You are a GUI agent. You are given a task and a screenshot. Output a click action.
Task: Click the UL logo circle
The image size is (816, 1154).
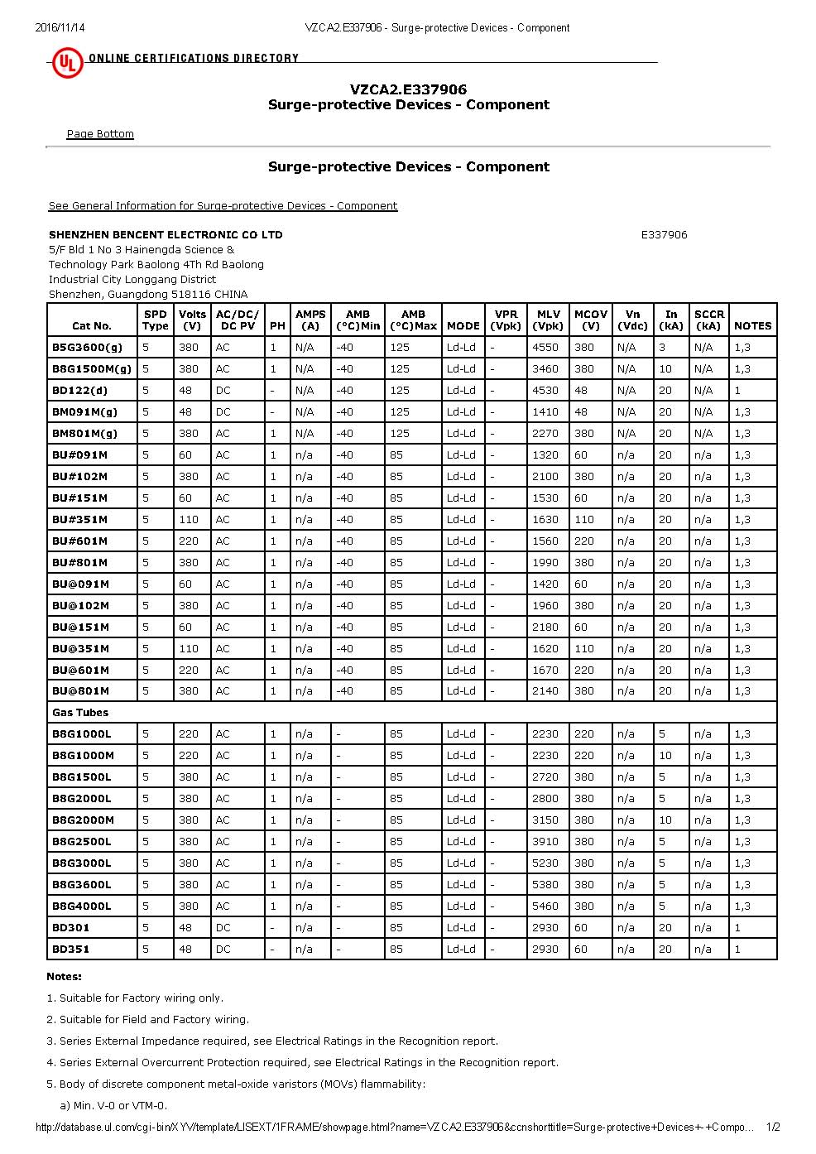point(67,62)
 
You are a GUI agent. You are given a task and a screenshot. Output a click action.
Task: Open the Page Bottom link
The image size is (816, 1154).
point(100,134)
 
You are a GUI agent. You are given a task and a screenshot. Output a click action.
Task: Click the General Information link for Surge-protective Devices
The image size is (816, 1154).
point(223,206)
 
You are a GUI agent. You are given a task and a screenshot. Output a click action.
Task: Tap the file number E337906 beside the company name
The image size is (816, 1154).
point(664,235)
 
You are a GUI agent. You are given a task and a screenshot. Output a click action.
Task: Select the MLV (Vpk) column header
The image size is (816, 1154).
point(548,320)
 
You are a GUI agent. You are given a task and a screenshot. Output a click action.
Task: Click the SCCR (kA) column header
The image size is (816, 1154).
point(709,320)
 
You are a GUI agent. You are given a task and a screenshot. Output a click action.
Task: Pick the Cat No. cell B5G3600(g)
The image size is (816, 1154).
point(87,348)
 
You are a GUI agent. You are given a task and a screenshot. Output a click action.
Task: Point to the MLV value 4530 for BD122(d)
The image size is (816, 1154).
point(545,391)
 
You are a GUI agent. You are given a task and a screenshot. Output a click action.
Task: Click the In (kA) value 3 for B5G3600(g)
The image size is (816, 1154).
point(662,348)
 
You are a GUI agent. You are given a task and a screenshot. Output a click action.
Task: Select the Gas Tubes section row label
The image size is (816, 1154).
point(80,713)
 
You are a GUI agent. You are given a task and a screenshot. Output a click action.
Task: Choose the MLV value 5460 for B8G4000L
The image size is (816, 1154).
point(545,906)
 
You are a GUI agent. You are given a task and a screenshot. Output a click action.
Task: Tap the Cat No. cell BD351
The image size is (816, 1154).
point(71,950)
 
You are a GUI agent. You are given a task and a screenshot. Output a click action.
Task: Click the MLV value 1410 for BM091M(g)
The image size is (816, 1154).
point(545,412)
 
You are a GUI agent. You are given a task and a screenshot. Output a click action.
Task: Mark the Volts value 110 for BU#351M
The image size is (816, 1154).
point(189,520)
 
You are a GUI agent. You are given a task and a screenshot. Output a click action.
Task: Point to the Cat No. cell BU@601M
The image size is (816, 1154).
point(80,671)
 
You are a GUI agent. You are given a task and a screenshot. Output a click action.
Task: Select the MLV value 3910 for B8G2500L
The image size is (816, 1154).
point(545,842)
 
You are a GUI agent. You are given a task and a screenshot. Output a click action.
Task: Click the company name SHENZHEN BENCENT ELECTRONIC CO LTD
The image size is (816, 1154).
point(166,235)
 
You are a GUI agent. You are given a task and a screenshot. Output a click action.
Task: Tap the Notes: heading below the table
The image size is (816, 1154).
point(65,977)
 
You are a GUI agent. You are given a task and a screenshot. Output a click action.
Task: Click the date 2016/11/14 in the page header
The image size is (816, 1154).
point(60,27)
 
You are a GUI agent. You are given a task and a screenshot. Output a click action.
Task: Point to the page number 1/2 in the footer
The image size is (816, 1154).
point(773,1128)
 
